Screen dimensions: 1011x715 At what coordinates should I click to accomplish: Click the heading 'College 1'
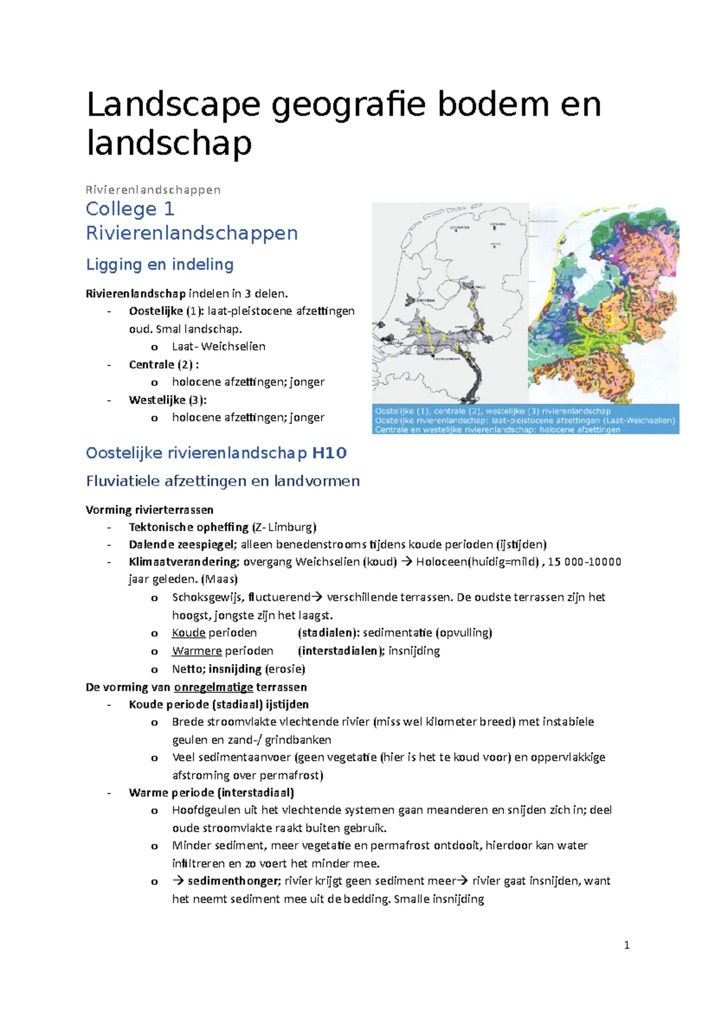click(130, 209)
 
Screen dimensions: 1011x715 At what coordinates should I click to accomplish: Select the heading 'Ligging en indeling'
click(160, 264)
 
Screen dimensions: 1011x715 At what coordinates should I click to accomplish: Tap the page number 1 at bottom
click(626, 945)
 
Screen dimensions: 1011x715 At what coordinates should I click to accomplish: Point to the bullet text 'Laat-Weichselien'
click(219, 347)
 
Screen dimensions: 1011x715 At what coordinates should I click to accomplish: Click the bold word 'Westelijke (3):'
click(167, 400)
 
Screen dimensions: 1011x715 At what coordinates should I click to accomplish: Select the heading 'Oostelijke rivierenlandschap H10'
click(216, 453)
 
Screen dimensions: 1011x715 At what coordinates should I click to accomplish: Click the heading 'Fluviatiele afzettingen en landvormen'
click(223, 481)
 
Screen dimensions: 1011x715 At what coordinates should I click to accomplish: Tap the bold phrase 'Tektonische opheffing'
click(188, 527)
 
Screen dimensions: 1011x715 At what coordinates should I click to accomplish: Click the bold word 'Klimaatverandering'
click(184, 562)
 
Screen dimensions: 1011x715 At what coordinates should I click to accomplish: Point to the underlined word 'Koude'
click(188, 633)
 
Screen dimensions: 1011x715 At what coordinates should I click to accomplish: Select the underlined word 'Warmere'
click(197, 651)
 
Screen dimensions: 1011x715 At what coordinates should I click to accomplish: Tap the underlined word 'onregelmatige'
click(213, 687)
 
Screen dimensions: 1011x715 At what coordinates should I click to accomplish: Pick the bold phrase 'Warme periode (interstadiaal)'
click(211, 792)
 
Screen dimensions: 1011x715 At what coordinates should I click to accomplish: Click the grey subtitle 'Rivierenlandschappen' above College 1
click(153, 190)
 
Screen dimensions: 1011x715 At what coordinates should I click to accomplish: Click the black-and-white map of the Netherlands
click(450, 302)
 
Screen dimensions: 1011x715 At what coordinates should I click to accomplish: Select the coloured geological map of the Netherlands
click(604, 302)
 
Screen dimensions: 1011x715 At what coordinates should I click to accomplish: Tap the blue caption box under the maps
click(526, 420)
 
